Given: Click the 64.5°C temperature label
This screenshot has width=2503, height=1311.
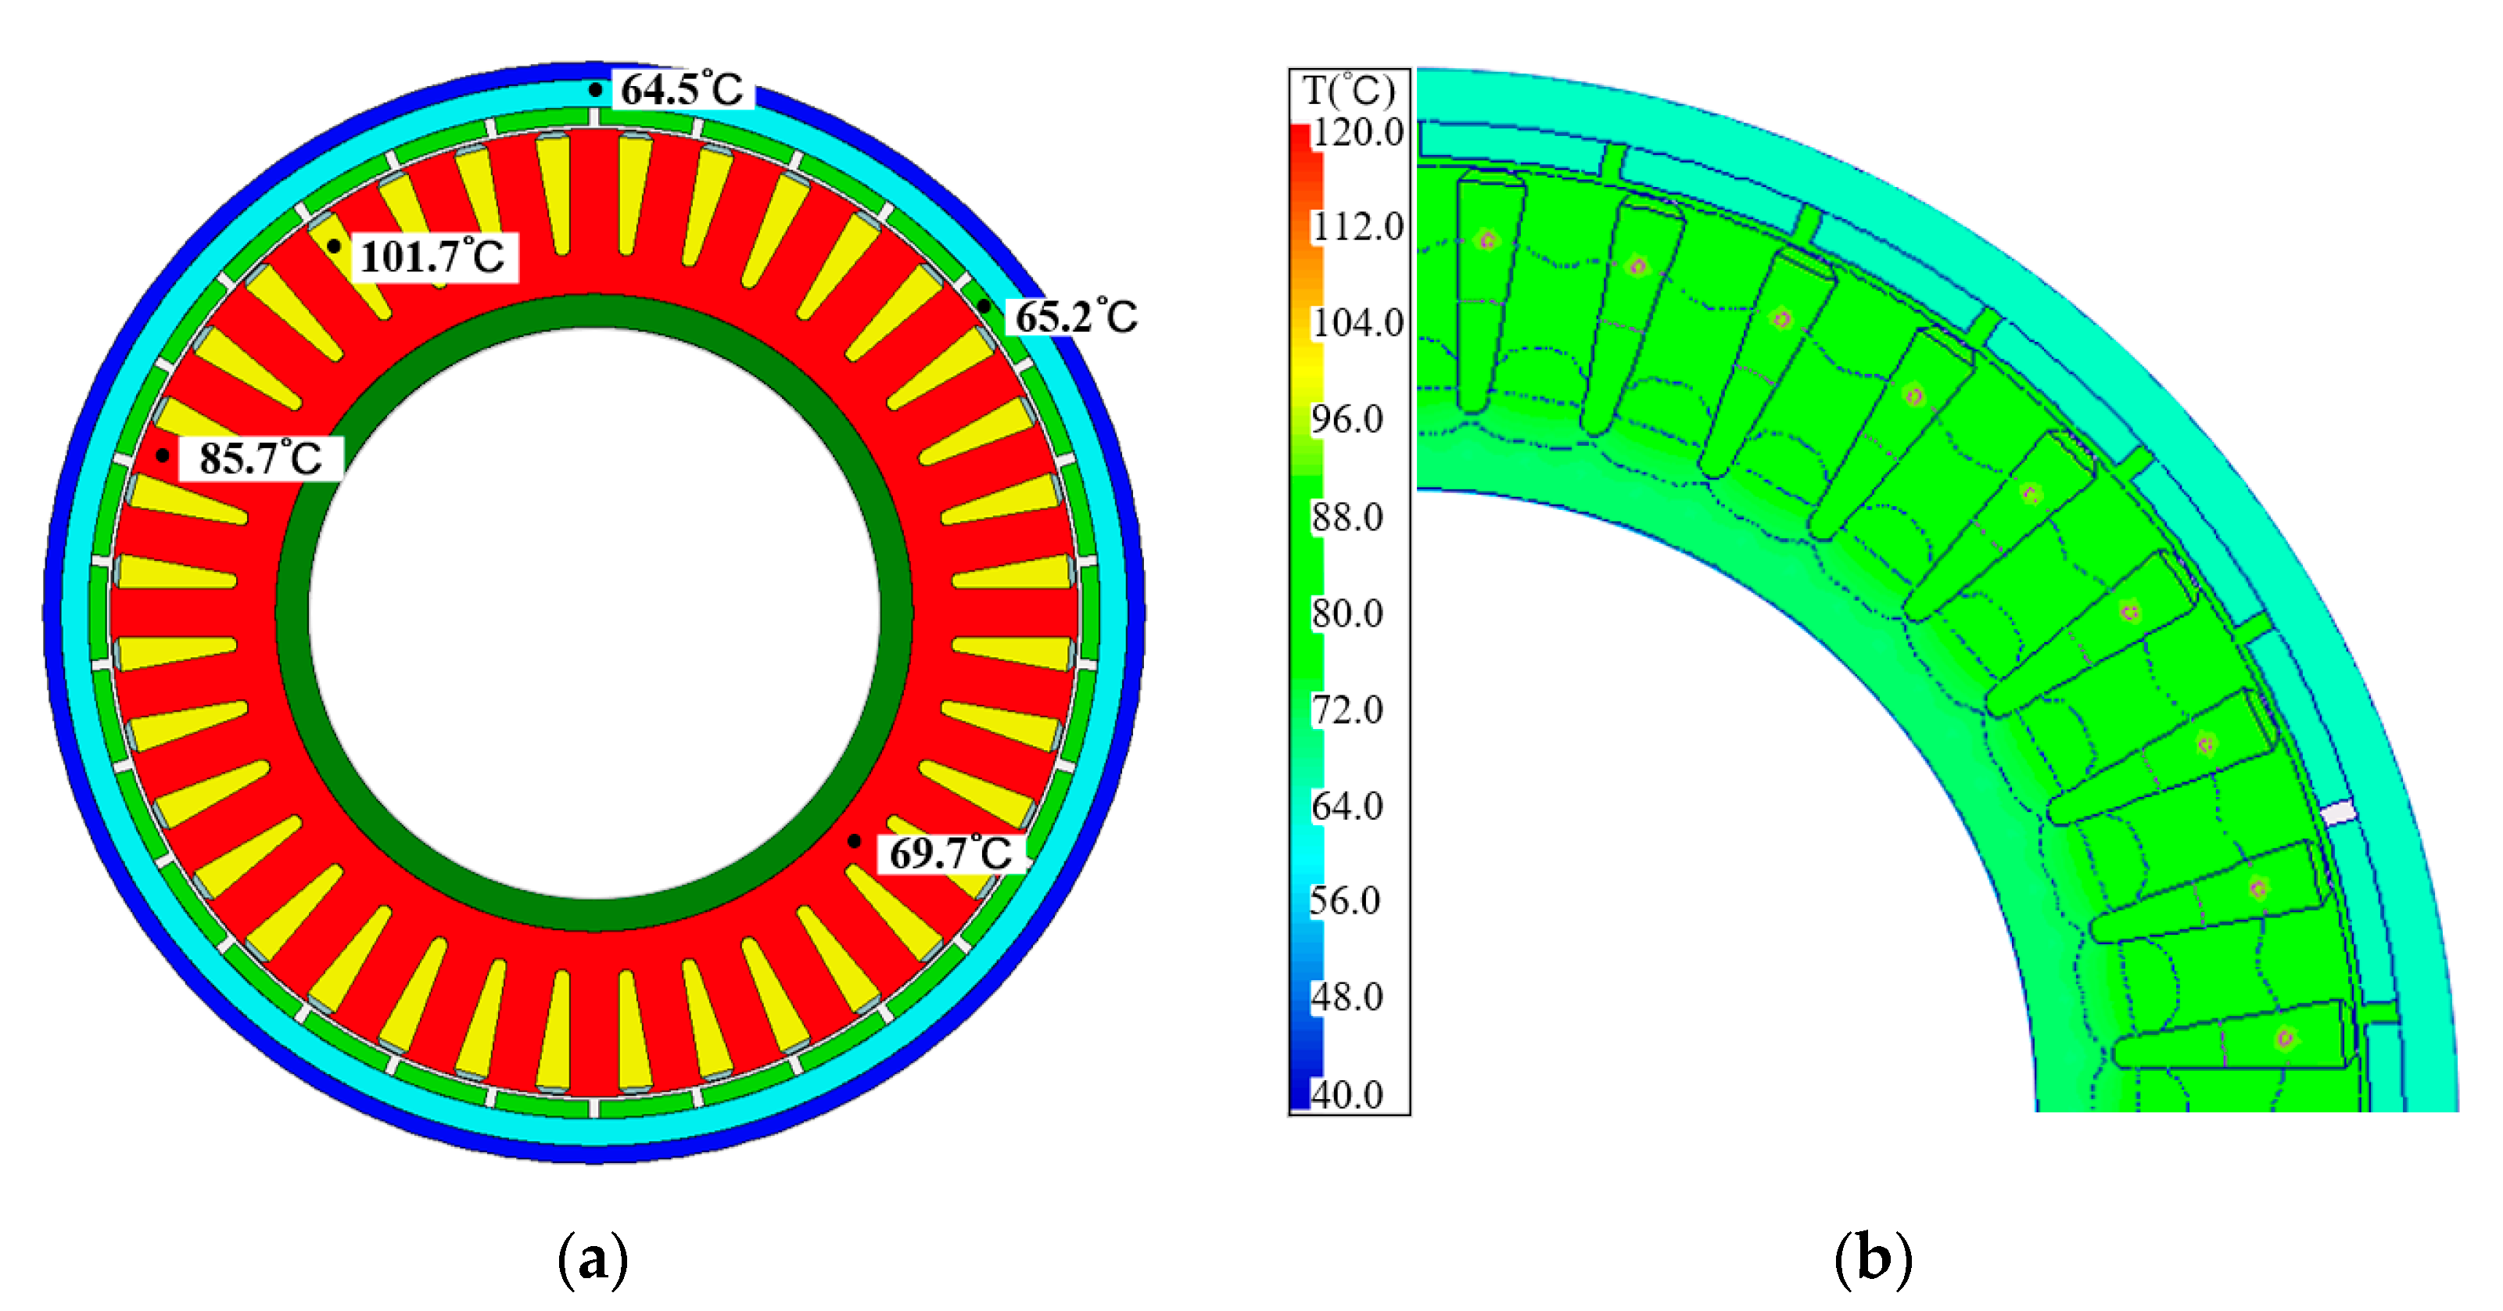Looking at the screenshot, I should [682, 89].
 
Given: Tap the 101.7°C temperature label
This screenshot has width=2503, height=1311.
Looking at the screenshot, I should [433, 257].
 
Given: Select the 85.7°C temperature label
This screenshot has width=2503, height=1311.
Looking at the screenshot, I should [260, 458].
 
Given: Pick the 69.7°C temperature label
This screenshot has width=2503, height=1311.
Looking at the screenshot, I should [950, 853].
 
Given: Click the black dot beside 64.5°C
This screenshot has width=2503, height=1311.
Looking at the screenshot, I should [594, 89].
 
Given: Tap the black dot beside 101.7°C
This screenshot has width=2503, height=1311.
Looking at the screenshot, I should [333, 247].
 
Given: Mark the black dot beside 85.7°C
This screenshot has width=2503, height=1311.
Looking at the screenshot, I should [163, 454].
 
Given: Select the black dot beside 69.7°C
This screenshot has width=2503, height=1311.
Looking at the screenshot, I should [853, 841].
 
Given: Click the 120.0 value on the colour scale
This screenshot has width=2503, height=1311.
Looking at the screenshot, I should [1357, 132].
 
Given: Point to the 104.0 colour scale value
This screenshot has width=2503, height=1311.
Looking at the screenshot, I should [1357, 322].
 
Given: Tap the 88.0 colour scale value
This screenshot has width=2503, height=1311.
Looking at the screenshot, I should [1348, 517].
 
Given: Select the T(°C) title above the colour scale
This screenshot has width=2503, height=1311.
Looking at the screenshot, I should [1349, 91].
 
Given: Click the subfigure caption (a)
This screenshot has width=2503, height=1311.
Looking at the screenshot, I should [593, 1259].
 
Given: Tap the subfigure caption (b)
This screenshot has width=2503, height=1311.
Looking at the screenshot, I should [1873, 1259].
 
